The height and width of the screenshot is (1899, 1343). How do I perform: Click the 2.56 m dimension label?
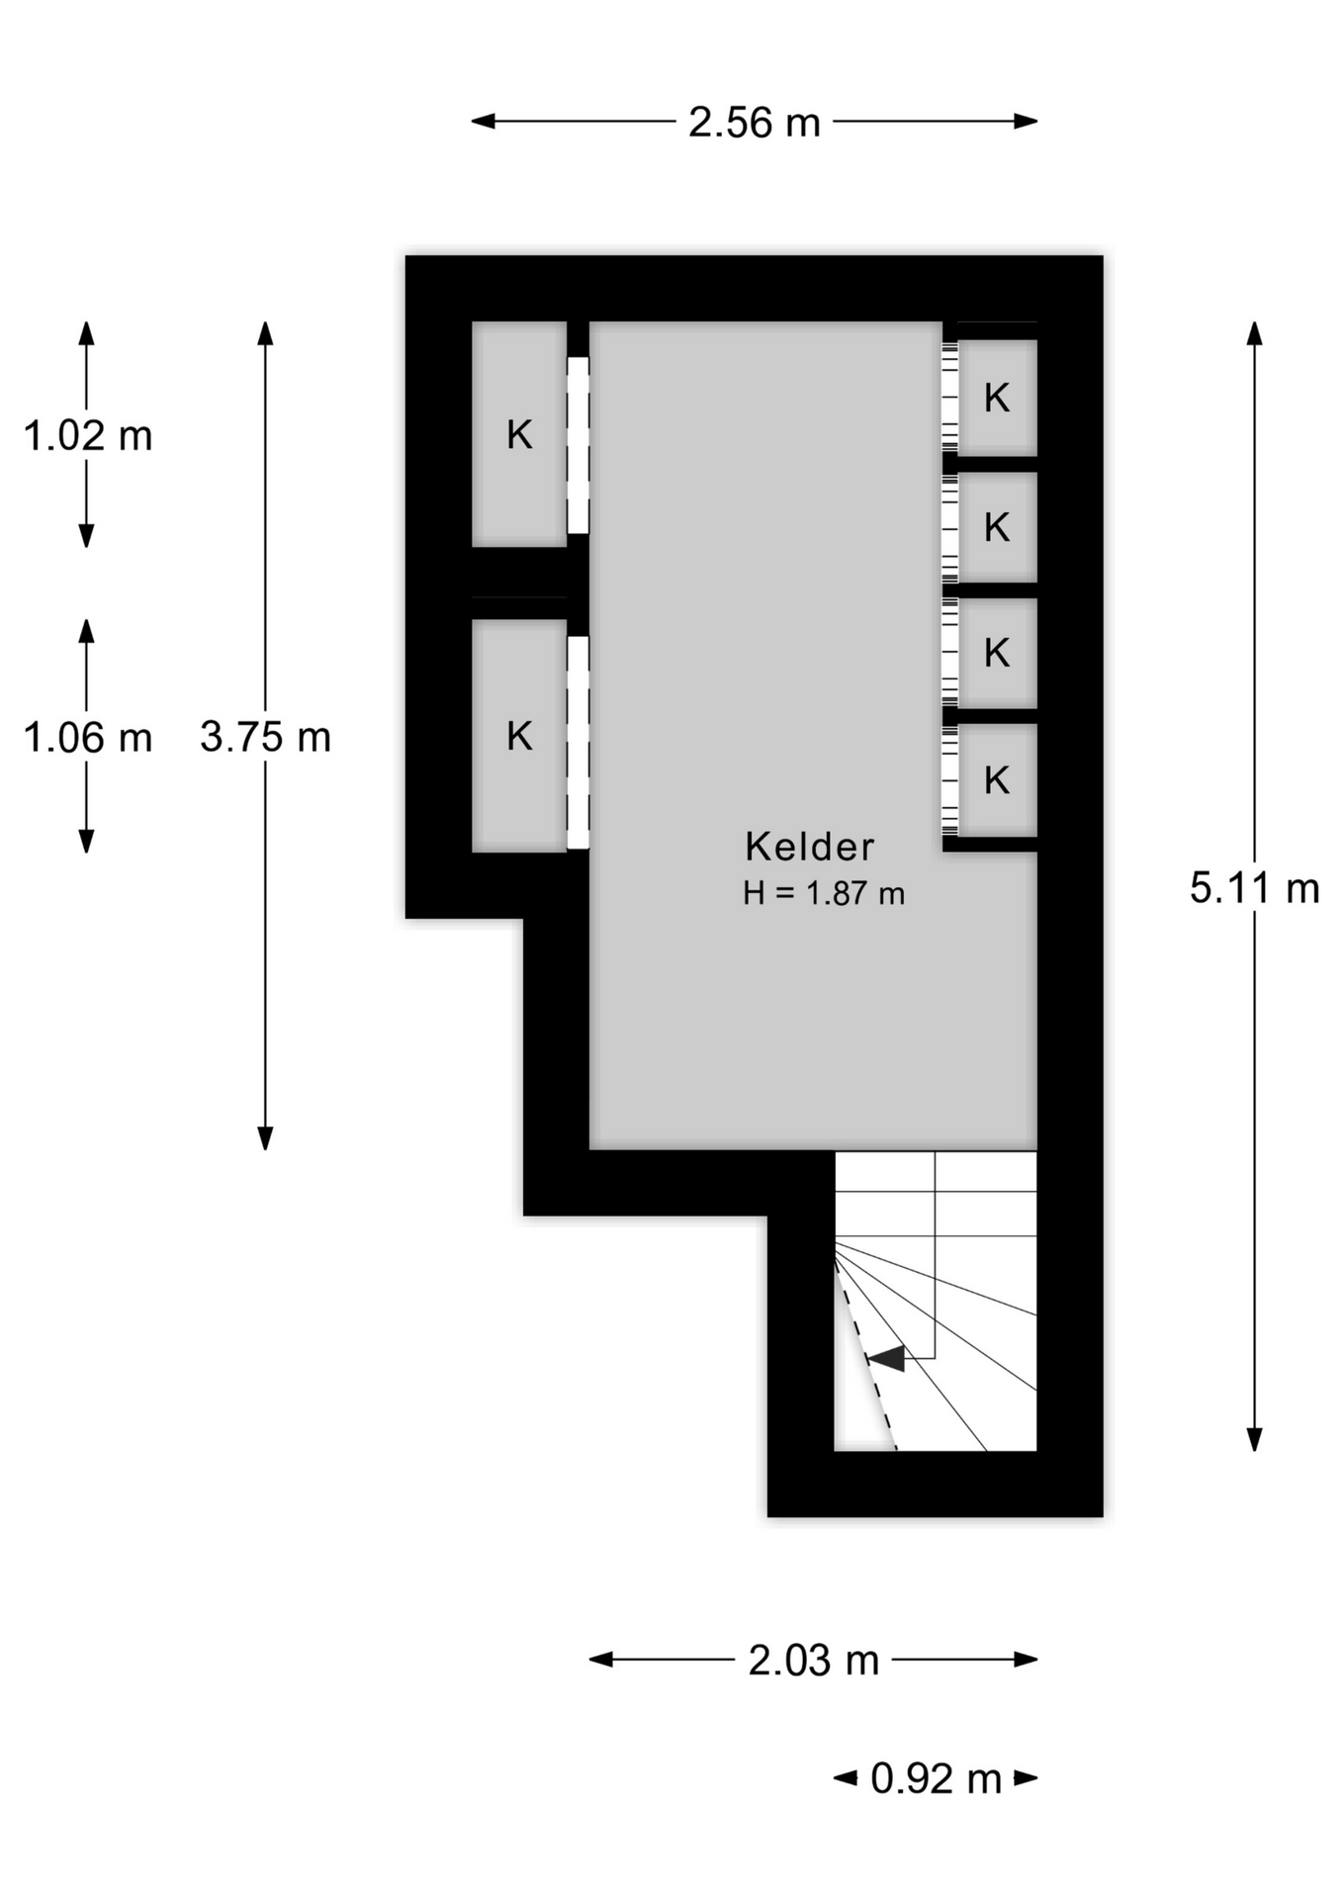pyautogui.click(x=755, y=123)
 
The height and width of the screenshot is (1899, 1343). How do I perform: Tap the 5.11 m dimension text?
pyautogui.click(x=1254, y=888)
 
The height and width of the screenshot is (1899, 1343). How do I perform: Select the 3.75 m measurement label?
pyautogui.click(x=265, y=737)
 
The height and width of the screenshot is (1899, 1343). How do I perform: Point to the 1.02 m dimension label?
pyautogui.click(x=87, y=436)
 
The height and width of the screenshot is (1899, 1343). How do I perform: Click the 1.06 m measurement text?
pyautogui.click(x=87, y=738)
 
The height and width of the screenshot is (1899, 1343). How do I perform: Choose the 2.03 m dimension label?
pyautogui.click(x=813, y=1661)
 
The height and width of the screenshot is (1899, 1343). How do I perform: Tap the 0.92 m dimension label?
pyautogui.click(x=936, y=1779)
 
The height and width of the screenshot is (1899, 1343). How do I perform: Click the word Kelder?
pyautogui.click(x=809, y=847)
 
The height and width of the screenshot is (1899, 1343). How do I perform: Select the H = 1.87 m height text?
pyautogui.click(x=824, y=893)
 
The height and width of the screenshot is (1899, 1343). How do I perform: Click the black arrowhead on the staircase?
pyautogui.click(x=887, y=1358)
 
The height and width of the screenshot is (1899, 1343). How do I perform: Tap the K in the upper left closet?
pyautogui.click(x=519, y=435)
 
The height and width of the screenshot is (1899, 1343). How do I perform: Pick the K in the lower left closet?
pyautogui.click(x=519, y=736)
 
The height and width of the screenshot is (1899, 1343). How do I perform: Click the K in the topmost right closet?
pyautogui.click(x=997, y=398)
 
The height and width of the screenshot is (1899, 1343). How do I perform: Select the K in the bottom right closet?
pyautogui.click(x=997, y=780)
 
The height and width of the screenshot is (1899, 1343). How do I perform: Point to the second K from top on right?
pyautogui.click(x=997, y=527)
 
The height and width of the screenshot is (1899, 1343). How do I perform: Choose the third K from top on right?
pyautogui.click(x=997, y=653)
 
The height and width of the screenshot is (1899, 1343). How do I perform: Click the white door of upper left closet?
pyautogui.click(x=578, y=445)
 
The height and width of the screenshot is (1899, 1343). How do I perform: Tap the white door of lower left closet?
pyautogui.click(x=578, y=743)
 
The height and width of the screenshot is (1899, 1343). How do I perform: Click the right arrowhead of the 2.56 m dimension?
pyautogui.click(x=1026, y=122)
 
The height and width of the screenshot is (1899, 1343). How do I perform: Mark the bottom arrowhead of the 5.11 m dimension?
pyautogui.click(x=1254, y=1439)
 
